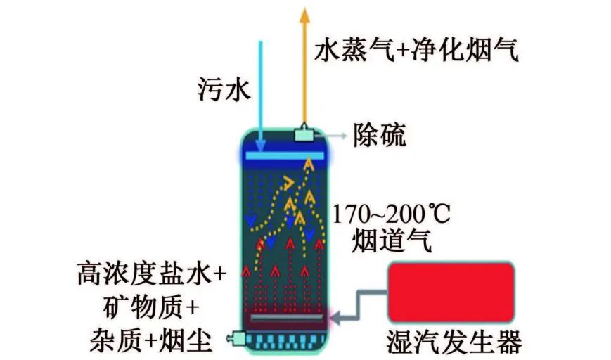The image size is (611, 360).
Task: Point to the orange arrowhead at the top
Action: coord(304,13)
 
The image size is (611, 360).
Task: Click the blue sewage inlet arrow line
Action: coord(261,84)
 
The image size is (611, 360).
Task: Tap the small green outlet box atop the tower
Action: coord(304,132)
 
